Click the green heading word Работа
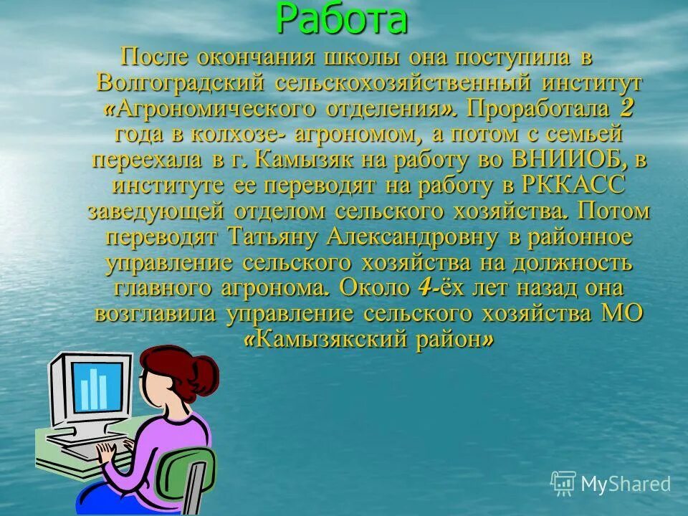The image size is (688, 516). click(342, 19)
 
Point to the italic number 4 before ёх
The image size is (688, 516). click(424, 287)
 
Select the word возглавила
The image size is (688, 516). click(157, 313)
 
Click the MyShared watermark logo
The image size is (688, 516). click(611, 484)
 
